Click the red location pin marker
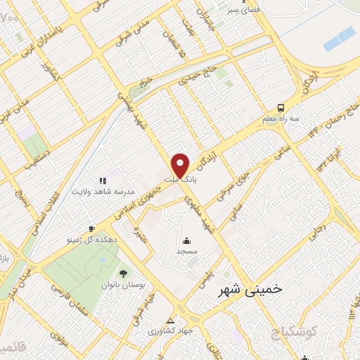(x=181, y=166)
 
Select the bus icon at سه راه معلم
(x=281, y=108)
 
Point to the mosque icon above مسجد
(x=187, y=239)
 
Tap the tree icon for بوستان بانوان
(x=124, y=272)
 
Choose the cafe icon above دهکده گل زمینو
(x=91, y=229)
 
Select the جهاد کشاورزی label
(x=169, y=332)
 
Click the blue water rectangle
(x=340, y=38)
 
